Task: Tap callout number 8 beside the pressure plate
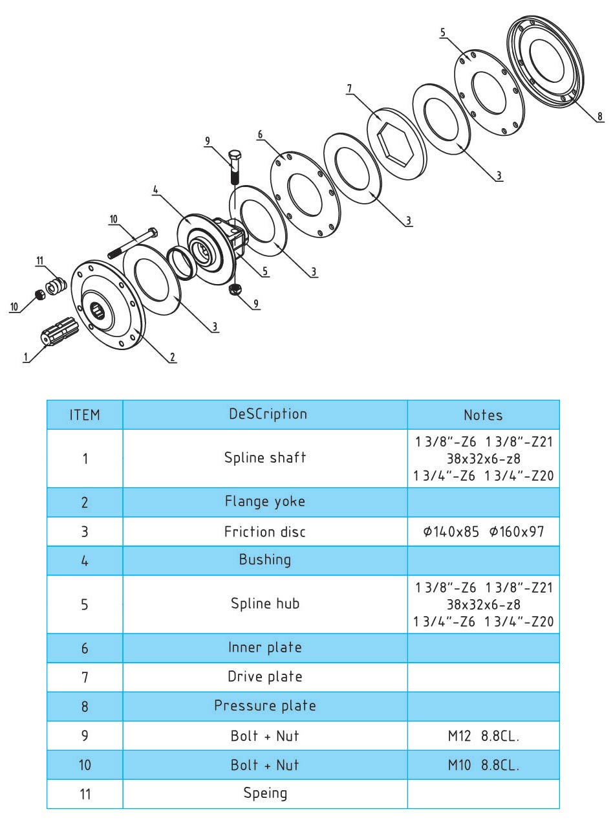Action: point(599,116)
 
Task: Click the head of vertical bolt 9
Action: point(235,157)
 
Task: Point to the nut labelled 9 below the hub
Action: point(236,289)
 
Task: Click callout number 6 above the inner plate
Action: point(260,135)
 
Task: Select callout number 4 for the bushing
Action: point(155,190)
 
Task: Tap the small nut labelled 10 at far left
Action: point(38,295)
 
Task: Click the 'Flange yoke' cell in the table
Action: point(264,502)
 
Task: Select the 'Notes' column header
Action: point(482,415)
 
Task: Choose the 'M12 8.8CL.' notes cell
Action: point(482,736)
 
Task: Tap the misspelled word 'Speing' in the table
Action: point(264,793)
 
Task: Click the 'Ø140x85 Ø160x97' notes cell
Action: point(482,532)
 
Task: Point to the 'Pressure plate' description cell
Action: point(264,706)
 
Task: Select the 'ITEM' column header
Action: point(85,415)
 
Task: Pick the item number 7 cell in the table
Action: point(85,678)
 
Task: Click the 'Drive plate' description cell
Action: point(264,677)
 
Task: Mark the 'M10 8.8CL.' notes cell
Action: point(482,765)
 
